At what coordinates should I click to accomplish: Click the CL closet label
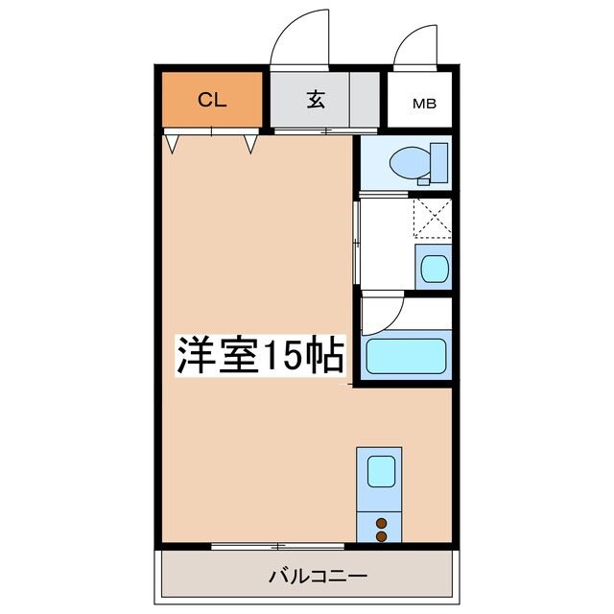(x=212, y=99)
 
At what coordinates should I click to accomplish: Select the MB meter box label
(x=423, y=103)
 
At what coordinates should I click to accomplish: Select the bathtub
(x=407, y=357)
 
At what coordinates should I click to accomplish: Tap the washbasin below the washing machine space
(x=433, y=266)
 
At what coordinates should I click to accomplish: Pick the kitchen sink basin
(x=381, y=471)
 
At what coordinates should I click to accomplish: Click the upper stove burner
(x=382, y=523)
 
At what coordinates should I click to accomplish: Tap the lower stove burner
(x=382, y=536)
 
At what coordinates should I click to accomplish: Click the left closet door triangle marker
(x=172, y=144)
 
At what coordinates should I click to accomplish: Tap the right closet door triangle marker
(x=251, y=144)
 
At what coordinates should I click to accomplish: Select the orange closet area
(x=212, y=115)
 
